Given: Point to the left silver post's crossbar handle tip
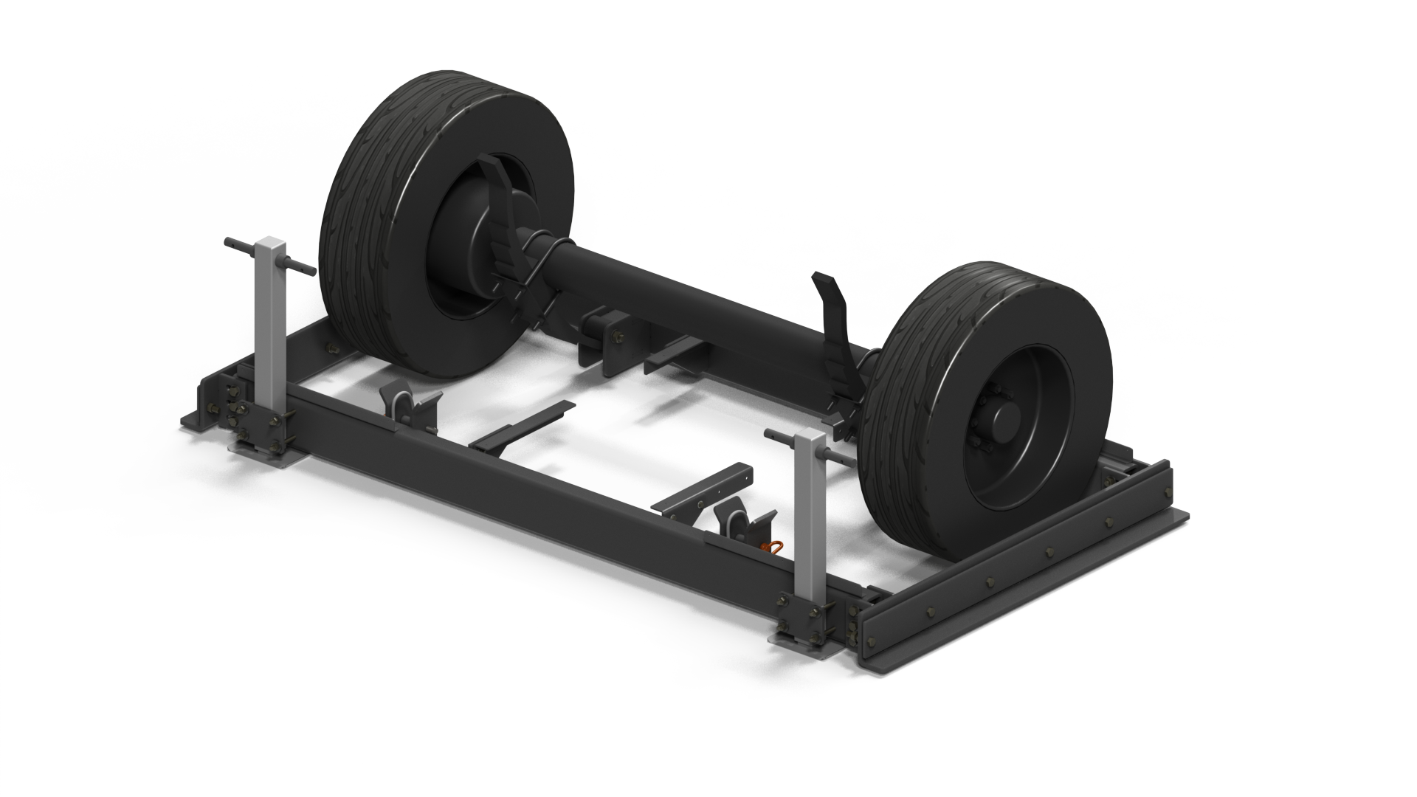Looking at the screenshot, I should click(228, 242).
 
